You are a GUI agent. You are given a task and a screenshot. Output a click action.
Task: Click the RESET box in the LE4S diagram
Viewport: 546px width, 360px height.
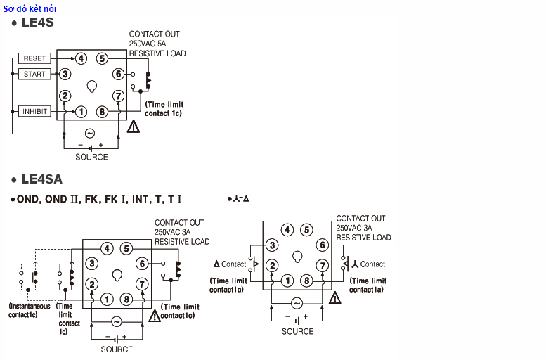pos(34,58)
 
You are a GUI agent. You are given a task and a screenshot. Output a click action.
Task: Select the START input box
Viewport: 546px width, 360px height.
pos(34,74)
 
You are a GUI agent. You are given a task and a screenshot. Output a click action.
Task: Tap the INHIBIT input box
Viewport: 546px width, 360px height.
pos(34,111)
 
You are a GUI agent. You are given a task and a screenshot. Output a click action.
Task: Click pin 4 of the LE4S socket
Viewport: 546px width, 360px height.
pos(82,58)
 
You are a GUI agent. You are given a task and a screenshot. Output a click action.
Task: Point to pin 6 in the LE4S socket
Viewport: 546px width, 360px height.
pos(118,74)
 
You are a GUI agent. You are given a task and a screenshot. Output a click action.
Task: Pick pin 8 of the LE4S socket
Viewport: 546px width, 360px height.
pos(102,111)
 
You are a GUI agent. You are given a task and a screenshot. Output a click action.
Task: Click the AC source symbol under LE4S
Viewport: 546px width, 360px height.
pos(90,133)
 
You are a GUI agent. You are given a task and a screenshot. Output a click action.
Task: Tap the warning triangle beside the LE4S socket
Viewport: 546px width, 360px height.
pos(134,127)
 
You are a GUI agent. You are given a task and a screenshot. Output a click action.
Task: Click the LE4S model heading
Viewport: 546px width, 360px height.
pos(37,22)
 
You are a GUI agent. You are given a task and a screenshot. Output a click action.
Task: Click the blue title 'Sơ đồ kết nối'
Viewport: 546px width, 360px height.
pos(30,8)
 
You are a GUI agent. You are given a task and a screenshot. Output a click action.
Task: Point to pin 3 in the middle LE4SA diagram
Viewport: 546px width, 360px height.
pos(91,263)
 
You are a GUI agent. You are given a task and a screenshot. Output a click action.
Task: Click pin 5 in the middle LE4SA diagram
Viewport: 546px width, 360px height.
pos(126,248)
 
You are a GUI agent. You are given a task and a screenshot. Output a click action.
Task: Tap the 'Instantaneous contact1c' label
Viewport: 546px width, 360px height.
pos(30,310)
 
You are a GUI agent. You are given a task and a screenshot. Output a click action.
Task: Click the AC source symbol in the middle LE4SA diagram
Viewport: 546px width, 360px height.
pos(116,321)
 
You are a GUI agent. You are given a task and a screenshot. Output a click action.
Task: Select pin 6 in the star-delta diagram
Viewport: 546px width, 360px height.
pos(322,245)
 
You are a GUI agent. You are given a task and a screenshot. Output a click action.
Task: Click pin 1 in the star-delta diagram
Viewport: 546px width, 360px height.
pos(287,281)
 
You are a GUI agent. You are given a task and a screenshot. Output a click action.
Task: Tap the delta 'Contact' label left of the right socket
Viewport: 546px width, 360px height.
pos(230,264)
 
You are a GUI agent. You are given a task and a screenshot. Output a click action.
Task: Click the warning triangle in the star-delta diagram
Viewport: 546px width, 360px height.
pos(334,297)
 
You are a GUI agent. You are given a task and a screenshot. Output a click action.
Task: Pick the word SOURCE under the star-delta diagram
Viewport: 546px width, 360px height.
pos(297,331)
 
